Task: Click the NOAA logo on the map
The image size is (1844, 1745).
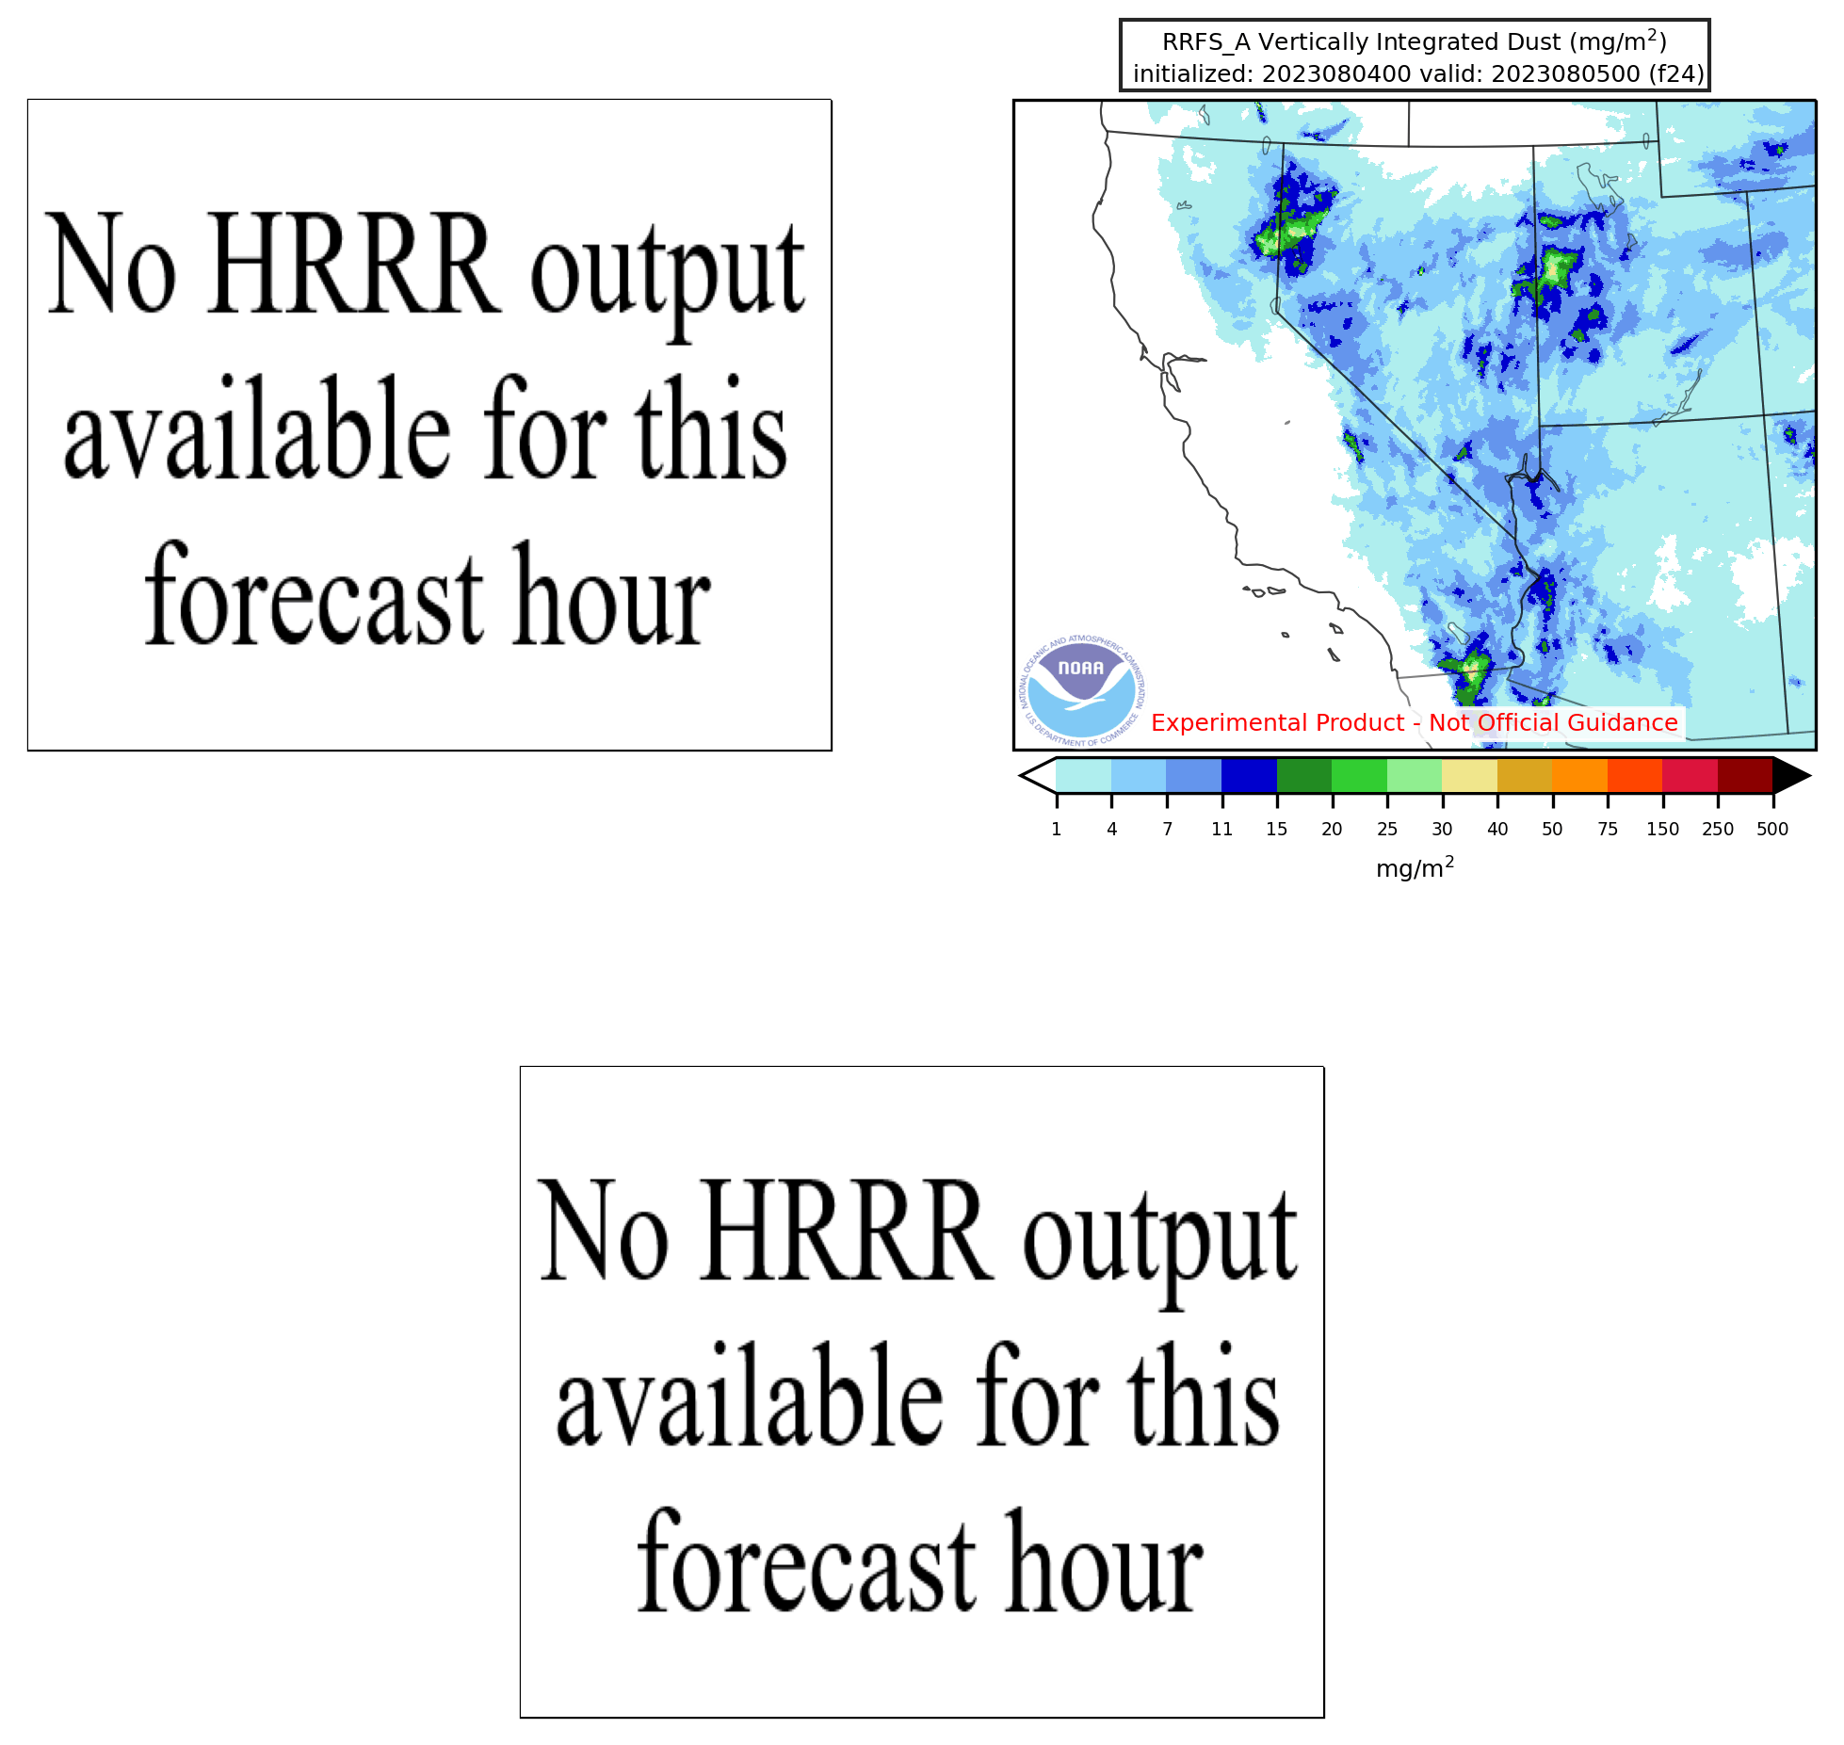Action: click(1082, 690)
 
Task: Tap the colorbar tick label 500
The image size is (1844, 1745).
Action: click(1772, 829)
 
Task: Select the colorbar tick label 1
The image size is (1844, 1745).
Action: click(1057, 829)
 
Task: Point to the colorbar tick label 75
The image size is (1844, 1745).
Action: click(1608, 829)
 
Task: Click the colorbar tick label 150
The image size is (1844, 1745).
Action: click(1662, 829)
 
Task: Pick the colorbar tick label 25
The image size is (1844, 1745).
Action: click(1387, 829)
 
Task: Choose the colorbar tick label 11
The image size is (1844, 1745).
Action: click(1222, 829)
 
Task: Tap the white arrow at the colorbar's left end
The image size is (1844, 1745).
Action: click(1038, 776)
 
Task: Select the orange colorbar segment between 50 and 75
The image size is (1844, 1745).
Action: click(1580, 776)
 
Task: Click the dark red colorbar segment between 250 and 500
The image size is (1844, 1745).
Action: click(1745, 776)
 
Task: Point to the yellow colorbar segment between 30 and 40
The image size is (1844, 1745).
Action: click(1470, 776)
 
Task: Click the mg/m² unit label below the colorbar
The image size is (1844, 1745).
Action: click(1415, 867)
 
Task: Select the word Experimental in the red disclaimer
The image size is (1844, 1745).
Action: click(1231, 723)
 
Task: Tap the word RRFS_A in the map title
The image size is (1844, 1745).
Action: click(1206, 42)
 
